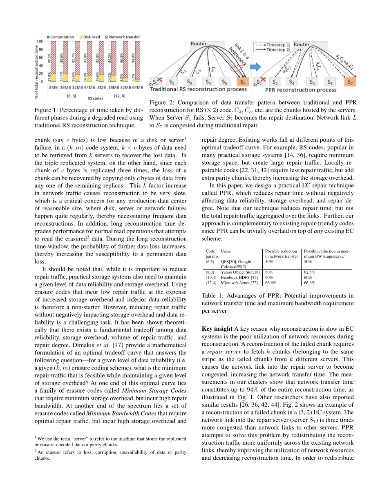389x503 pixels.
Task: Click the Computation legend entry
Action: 60,37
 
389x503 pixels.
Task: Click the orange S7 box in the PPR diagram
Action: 350,82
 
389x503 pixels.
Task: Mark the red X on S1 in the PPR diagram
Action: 263,80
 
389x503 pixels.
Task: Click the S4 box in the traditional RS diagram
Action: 208,82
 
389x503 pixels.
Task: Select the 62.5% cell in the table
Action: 309,272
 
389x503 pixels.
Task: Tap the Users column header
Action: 226,251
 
